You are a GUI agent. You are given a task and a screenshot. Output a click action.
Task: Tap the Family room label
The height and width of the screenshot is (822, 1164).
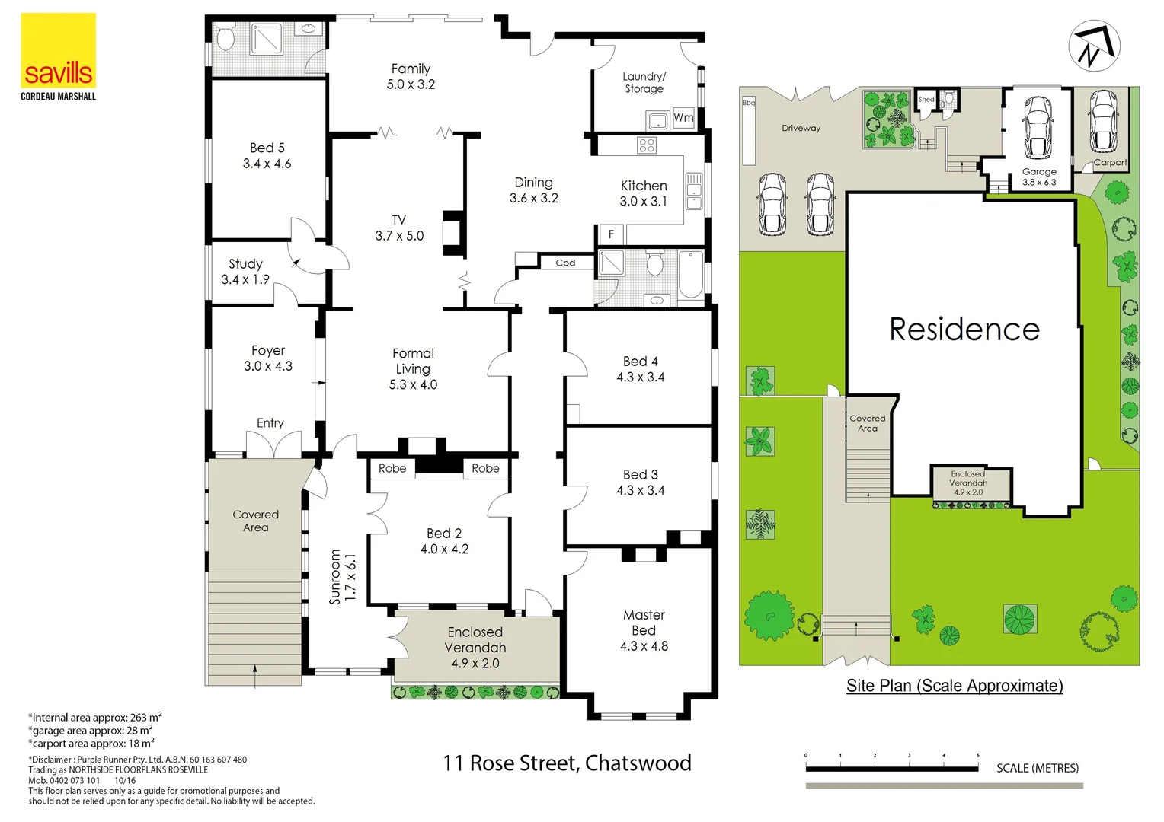point(411,68)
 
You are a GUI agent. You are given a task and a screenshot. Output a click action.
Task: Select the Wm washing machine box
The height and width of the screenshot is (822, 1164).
point(683,118)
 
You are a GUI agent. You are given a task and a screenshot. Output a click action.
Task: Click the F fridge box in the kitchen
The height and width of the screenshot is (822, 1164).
point(610,234)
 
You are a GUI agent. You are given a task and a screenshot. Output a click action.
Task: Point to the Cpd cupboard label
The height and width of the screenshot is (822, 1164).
point(565,263)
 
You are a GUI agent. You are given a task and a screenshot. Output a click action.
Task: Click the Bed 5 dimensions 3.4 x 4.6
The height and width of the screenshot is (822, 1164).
point(267,164)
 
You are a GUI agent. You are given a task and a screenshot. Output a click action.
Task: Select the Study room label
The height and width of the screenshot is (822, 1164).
point(245,264)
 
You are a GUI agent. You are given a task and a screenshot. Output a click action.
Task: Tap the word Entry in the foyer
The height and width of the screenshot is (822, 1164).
point(270,423)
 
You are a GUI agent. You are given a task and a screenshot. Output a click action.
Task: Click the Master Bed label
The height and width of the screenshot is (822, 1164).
point(644,623)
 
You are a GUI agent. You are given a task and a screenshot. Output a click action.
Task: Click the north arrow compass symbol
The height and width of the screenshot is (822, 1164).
point(1094,46)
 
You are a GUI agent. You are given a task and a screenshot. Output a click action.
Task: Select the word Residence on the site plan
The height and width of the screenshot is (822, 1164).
point(964,330)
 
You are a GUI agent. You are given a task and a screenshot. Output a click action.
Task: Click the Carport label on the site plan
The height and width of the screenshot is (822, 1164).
point(1110,162)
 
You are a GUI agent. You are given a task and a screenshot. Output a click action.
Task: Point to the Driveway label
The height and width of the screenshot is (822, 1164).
point(801,128)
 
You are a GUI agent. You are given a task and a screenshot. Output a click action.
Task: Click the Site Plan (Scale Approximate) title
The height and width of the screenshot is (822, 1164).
point(955,686)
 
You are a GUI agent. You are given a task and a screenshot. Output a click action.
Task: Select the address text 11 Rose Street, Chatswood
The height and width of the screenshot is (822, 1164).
point(567,763)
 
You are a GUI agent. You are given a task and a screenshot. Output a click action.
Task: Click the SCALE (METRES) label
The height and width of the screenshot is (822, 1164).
point(1038,768)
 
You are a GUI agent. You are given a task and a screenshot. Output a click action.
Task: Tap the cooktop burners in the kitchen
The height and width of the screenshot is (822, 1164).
point(647,145)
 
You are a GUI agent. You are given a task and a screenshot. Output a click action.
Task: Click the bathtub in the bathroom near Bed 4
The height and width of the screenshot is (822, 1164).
point(691,275)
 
